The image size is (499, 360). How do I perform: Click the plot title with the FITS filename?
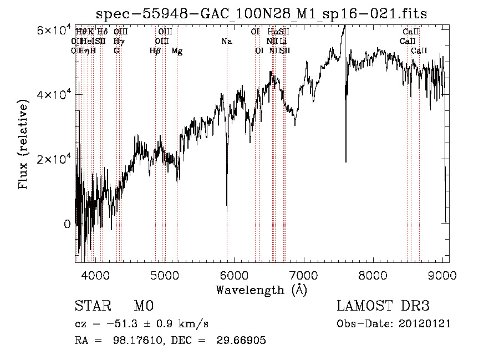point(262,14)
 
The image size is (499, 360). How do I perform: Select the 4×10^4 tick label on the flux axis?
point(53,95)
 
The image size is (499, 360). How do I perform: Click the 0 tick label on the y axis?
point(67,224)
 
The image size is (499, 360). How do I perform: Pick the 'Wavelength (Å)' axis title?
point(261,290)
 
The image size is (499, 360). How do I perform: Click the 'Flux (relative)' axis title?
point(24,145)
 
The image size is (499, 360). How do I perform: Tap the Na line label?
point(226,41)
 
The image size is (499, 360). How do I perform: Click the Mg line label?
point(177,51)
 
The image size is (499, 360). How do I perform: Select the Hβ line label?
point(155,51)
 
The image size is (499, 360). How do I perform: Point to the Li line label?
point(283,41)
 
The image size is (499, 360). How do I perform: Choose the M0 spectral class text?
point(143,306)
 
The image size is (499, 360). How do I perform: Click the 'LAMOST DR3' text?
point(383,306)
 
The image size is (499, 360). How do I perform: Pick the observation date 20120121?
point(425,324)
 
